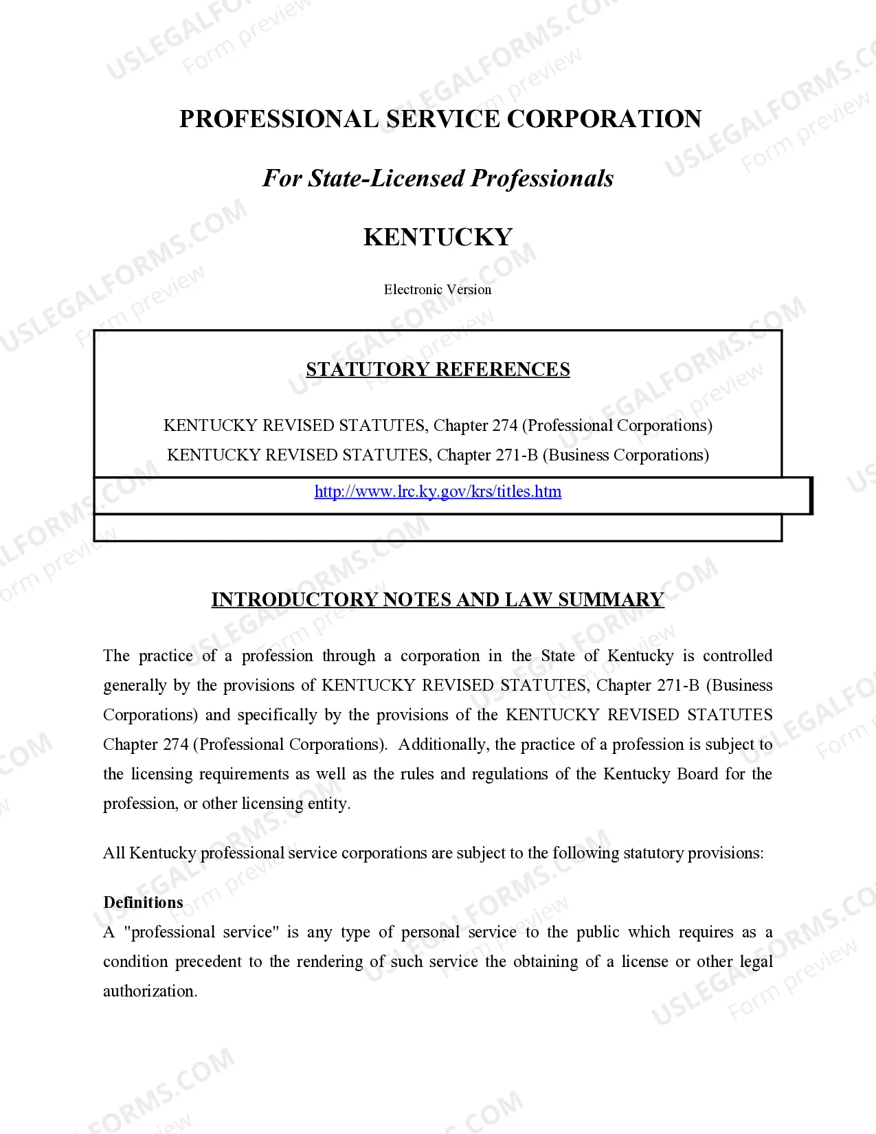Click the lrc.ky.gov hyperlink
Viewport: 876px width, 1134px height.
[438, 491]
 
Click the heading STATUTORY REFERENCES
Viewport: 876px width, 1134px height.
[438, 370]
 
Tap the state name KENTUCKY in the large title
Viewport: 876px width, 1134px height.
[438, 237]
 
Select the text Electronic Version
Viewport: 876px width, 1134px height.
[438, 289]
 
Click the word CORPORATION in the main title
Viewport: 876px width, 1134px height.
[604, 119]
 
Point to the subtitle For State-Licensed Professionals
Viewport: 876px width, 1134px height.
[438, 178]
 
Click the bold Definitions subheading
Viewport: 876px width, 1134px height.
[143, 902]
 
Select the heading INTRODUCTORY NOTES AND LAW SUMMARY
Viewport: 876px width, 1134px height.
[438, 599]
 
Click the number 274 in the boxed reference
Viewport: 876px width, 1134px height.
[504, 425]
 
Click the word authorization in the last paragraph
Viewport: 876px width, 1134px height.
[149, 991]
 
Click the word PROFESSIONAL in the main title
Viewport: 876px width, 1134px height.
[278, 119]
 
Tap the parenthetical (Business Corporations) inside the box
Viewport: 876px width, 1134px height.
[626, 455]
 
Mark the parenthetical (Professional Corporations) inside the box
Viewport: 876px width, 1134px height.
[617, 425]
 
